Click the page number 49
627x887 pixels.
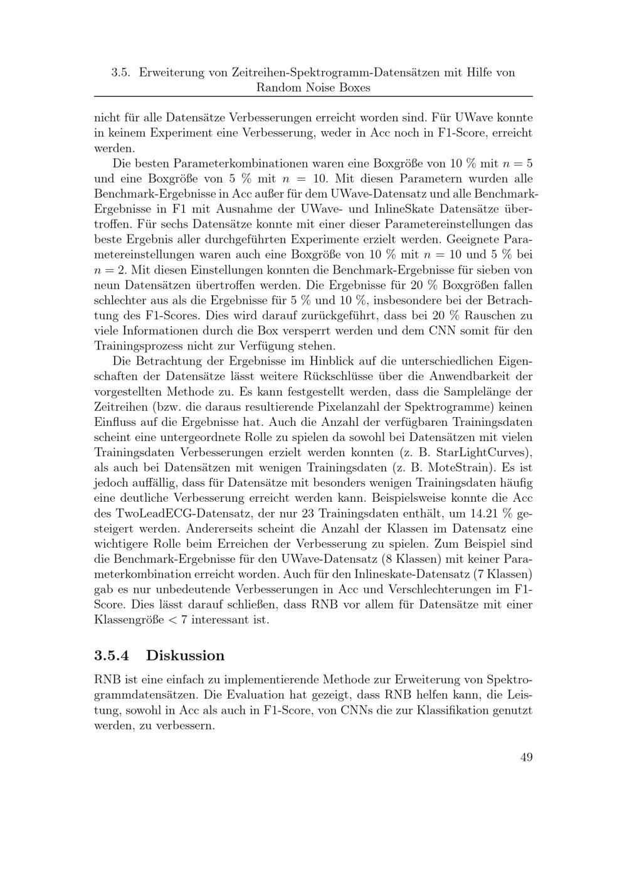tap(526, 757)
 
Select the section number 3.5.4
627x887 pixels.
tap(112, 656)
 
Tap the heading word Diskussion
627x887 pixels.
tap(185, 656)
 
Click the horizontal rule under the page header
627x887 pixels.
tap(313, 97)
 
